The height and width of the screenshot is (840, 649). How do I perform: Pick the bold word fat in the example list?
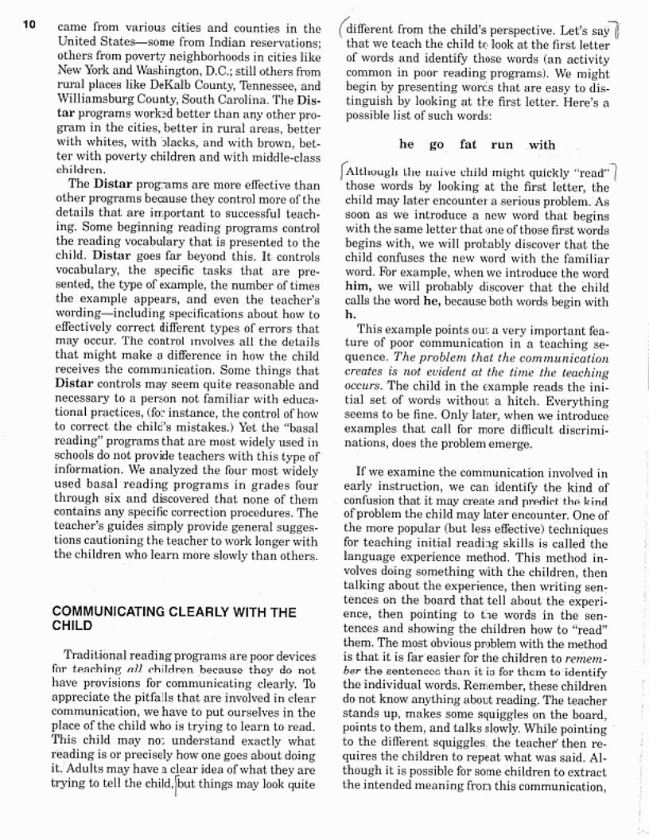(x=468, y=145)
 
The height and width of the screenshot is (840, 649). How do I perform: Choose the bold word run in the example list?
(x=502, y=145)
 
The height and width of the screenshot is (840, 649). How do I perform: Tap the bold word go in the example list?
(x=437, y=145)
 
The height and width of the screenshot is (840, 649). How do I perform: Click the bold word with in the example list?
(x=542, y=145)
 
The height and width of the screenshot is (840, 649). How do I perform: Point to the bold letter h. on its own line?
(x=350, y=315)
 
